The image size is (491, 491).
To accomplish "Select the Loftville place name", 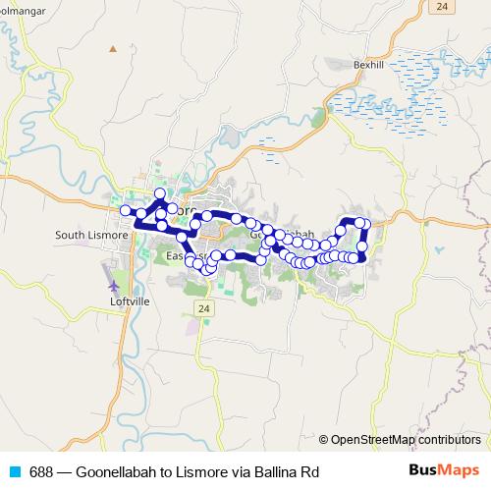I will pyautogui.click(x=126, y=302).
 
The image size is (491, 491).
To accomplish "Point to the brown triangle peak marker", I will pyautogui.click(x=114, y=48).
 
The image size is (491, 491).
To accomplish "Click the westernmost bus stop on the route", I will pyautogui.click(x=125, y=211).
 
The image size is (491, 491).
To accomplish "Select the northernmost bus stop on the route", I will pyautogui.click(x=160, y=193).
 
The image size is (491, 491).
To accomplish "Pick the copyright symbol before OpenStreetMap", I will pyautogui.click(x=324, y=440).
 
